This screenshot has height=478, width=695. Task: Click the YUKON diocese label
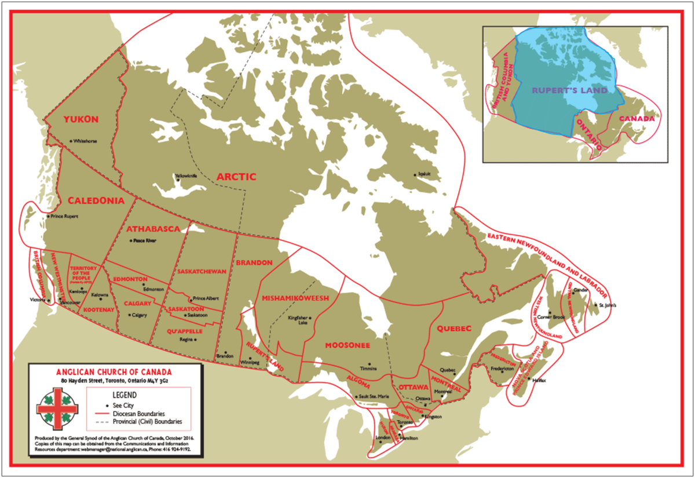(x=82, y=120)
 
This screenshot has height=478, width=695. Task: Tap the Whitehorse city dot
(x=71, y=141)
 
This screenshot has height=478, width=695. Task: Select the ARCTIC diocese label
(x=236, y=177)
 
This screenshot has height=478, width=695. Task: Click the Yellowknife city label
(x=186, y=176)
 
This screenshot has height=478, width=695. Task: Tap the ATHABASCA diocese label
(x=149, y=228)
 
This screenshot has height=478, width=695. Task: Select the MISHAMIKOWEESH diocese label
(x=295, y=298)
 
